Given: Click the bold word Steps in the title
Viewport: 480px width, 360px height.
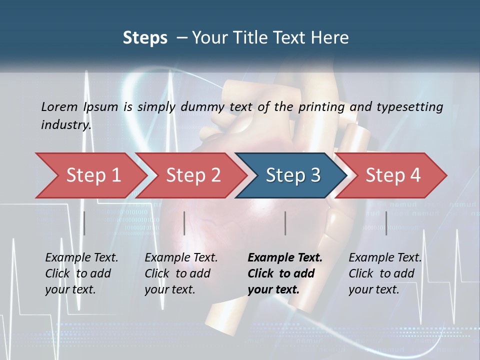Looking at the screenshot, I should pos(145,38).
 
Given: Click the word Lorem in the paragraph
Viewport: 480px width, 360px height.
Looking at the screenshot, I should pos(59,106).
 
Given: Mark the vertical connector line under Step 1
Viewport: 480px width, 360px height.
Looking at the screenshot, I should pos(84,223).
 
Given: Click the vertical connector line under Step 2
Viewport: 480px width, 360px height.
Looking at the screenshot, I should pos(184,223).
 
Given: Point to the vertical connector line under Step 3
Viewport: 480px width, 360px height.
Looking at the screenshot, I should pos(285,223).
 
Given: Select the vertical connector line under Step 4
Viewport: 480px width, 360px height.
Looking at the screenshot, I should pos(386,223).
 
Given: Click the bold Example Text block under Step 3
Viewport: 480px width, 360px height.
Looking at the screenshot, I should pos(284,273).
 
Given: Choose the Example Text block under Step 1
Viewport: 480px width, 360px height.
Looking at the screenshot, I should pos(81,273).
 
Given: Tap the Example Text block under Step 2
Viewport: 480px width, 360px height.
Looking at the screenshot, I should pos(181,273).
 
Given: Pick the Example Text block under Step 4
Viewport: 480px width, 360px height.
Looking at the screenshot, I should pos(385,273).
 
